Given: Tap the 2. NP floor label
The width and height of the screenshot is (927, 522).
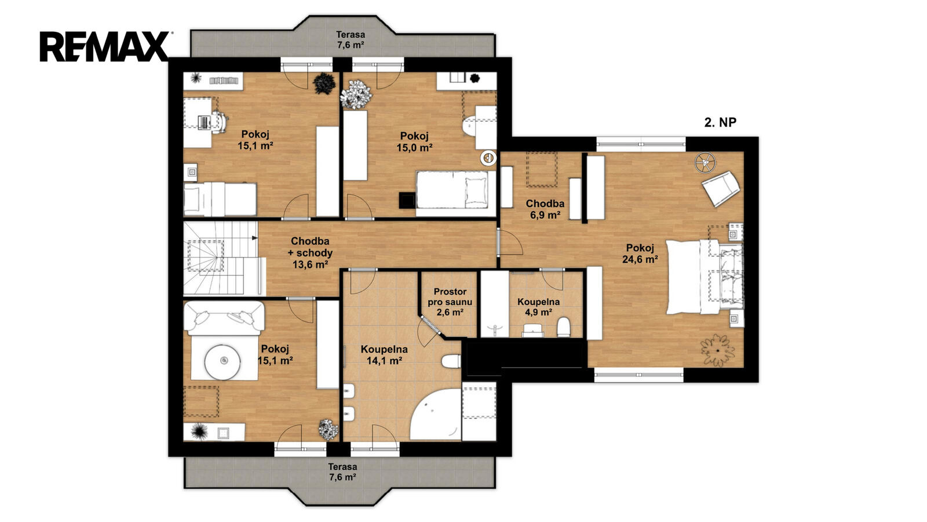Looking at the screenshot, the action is [720, 122].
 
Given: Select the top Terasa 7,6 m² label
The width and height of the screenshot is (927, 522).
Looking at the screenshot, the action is [350, 40].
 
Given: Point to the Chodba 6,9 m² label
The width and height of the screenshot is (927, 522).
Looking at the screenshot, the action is [545, 209].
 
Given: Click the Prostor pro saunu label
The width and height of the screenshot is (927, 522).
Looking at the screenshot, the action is [450, 302].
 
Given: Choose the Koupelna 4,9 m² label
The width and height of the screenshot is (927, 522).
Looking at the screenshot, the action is [538, 307].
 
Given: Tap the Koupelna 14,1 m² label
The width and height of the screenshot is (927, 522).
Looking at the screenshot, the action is [384, 355].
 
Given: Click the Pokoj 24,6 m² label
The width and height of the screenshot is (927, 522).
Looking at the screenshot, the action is [640, 253].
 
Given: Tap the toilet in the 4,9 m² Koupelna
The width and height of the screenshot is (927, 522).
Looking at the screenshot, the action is [563, 327].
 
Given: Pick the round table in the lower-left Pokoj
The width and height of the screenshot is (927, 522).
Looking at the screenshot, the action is [222, 361].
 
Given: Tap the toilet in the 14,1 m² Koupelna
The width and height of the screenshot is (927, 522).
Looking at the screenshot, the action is [451, 361].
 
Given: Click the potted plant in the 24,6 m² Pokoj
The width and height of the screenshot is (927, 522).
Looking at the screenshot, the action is [717, 350].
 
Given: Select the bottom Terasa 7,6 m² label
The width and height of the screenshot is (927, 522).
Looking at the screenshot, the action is [342, 472].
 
